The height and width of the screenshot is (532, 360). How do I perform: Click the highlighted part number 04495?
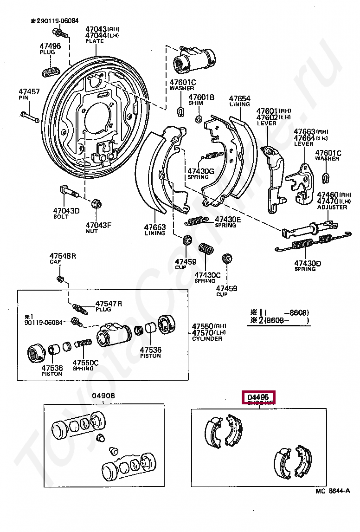click(258, 397)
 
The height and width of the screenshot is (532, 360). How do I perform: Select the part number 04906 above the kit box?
click(103, 396)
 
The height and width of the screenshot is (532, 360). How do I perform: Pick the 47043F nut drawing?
click(96, 204)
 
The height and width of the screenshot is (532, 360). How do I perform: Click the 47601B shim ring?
click(198, 120)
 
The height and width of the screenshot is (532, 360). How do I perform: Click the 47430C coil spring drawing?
click(206, 249)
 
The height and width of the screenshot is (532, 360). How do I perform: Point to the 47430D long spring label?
click(307, 263)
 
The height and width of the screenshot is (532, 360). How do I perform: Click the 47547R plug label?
click(109, 304)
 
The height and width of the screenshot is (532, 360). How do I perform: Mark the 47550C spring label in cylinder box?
click(85, 363)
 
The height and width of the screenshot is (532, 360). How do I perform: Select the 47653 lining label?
click(154, 227)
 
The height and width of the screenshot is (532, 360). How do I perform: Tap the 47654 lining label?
click(240, 98)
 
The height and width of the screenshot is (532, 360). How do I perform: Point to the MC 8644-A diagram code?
click(332, 491)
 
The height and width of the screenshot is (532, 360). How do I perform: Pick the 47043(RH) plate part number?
click(96, 29)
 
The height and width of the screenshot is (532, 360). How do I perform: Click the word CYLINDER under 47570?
click(207, 339)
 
